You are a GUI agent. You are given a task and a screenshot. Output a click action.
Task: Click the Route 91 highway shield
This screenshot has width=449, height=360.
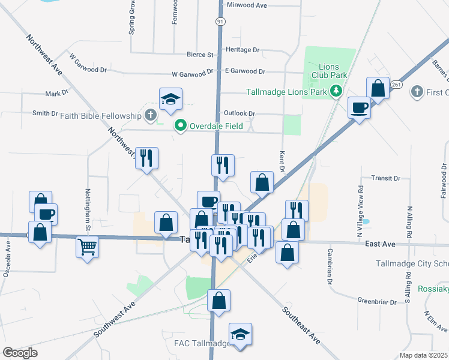220,21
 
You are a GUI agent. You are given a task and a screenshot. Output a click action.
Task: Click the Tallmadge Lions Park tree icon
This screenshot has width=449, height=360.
336,91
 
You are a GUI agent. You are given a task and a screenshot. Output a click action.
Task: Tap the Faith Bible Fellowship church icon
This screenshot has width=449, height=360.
150,114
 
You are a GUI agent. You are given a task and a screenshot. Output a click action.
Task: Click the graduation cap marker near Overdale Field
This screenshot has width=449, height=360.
171,100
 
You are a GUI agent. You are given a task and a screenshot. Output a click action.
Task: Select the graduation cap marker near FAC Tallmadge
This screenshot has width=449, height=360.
240,335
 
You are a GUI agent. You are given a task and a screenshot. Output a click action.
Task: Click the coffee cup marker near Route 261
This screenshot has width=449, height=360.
359,108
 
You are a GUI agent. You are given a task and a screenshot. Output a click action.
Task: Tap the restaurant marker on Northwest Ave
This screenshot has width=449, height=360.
146,159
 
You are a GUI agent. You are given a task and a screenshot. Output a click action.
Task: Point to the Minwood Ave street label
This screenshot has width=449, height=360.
247,5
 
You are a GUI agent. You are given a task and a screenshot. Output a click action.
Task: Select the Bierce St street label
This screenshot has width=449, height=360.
202,55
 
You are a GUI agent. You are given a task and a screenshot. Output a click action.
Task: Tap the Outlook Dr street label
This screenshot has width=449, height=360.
240,113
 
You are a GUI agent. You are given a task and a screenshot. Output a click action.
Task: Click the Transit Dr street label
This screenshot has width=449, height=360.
385,178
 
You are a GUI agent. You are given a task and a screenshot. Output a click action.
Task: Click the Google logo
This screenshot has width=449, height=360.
20,353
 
